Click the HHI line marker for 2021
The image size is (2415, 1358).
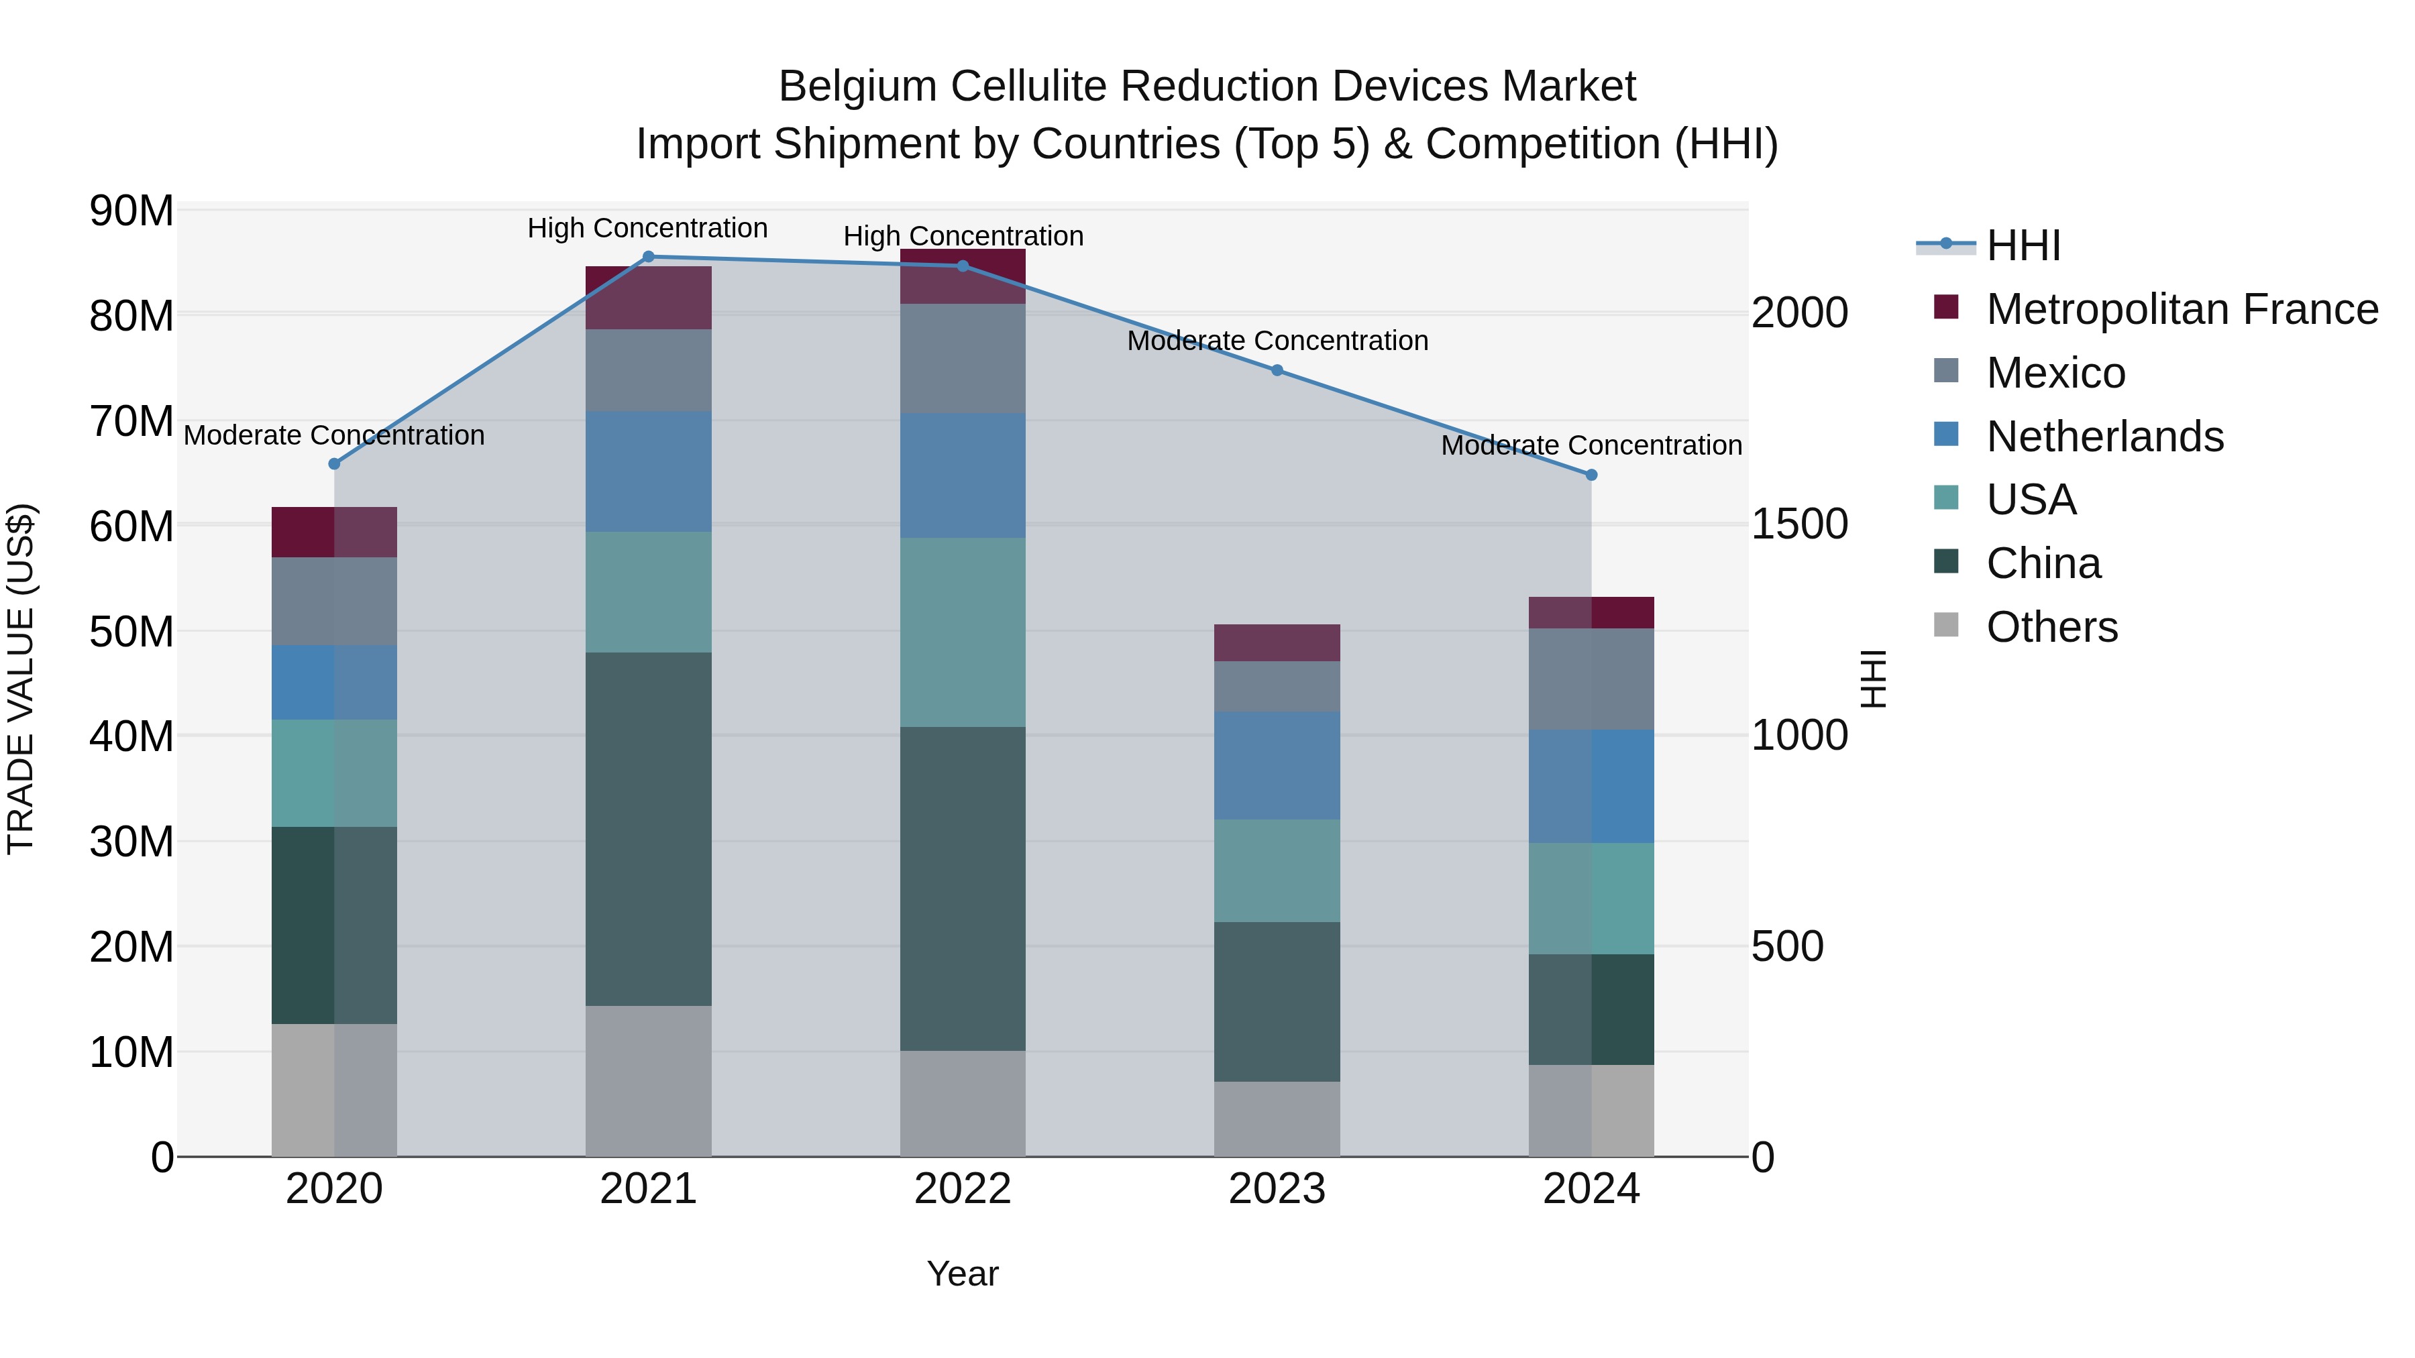(x=648, y=257)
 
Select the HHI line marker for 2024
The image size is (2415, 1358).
(x=1591, y=475)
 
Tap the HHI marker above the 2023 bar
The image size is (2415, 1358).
(x=1277, y=370)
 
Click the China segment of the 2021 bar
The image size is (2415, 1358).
(x=648, y=830)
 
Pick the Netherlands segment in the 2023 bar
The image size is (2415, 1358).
(x=1277, y=766)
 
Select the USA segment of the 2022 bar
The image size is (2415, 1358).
(x=963, y=632)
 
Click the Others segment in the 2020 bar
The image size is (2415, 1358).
(x=334, y=1090)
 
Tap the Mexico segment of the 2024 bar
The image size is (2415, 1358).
(x=1591, y=679)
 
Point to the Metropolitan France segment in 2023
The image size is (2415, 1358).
(x=1277, y=643)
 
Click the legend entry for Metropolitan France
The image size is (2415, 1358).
(x=2182, y=309)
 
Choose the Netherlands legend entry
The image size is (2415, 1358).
(x=2104, y=437)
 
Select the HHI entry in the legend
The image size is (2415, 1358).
(x=2023, y=245)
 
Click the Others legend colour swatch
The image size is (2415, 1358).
(x=1946, y=625)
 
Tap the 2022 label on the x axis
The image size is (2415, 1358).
(x=963, y=1189)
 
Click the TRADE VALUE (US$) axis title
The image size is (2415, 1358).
(x=21, y=679)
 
